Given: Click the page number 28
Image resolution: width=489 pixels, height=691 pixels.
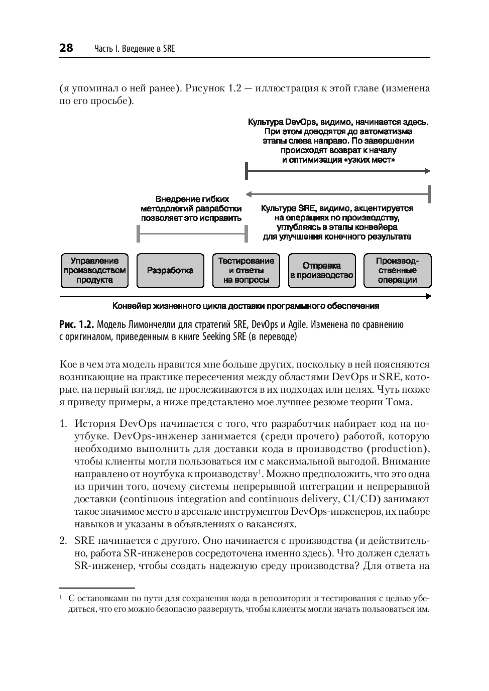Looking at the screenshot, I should pyautogui.click(x=66, y=48).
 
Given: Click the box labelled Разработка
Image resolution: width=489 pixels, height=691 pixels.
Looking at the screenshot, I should pyautogui.click(x=170, y=271).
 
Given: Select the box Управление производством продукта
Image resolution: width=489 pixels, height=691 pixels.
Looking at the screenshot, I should pyautogui.click(x=94, y=271).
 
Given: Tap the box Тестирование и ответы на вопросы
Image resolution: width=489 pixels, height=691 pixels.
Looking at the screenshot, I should pyautogui.click(x=246, y=271).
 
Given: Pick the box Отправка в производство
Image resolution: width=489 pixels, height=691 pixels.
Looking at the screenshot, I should pyautogui.click(x=322, y=271).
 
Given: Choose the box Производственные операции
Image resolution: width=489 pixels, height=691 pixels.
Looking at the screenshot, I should pyautogui.click(x=397, y=271).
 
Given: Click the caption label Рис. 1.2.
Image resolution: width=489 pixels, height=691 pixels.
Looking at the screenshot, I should pyautogui.click(x=76, y=324).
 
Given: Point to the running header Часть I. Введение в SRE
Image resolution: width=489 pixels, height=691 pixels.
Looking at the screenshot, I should pyautogui.click(x=135, y=49).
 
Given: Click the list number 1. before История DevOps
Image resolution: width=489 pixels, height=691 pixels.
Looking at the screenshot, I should pyautogui.click(x=63, y=424).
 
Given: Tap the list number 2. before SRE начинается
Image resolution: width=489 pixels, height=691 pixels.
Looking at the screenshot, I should pyautogui.click(x=63, y=541).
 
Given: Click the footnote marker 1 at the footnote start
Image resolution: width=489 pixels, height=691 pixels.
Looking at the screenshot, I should pyautogui.click(x=61, y=597).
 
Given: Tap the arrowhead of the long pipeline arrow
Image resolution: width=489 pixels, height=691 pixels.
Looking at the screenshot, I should pyautogui.click(x=428, y=296).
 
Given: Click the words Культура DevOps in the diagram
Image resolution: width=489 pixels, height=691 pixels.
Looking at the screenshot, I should pyautogui.click(x=281, y=122).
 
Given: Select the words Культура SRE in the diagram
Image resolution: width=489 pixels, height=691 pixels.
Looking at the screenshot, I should pyautogui.click(x=288, y=208).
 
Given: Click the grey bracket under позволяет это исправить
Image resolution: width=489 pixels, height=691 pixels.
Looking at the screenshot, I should pyautogui.click(x=191, y=234).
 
